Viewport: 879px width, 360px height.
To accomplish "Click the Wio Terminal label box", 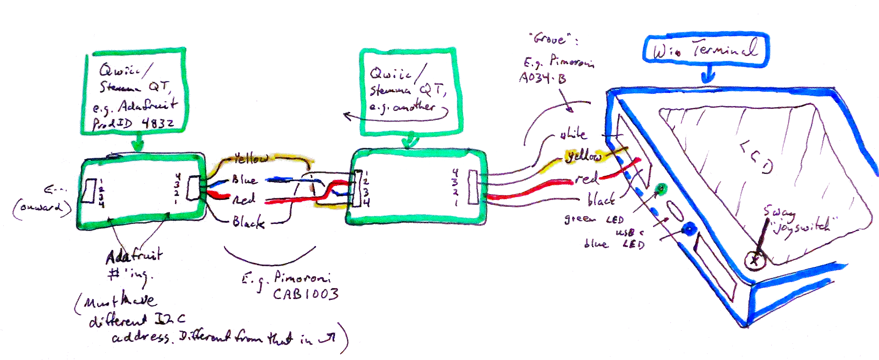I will pos(705,50).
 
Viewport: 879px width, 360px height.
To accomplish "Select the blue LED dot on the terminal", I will pos(688,230).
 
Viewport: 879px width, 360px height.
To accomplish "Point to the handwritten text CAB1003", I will pos(305,294).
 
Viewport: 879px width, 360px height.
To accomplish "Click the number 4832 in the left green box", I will pos(158,123).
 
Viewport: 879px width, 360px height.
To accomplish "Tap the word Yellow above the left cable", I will pos(251,158).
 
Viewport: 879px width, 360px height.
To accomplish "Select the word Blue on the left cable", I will pos(244,180).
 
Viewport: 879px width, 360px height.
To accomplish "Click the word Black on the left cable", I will pos(248,222).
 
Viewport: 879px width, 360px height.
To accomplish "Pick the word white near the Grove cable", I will pos(573,134).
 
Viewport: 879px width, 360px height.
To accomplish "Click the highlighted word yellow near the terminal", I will pos(584,156).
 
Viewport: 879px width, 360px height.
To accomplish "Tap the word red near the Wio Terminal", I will pos(586,178).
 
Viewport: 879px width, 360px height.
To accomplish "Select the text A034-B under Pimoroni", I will pos(543,78).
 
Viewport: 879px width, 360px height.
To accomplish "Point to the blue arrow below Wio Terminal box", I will pos(708,75).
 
